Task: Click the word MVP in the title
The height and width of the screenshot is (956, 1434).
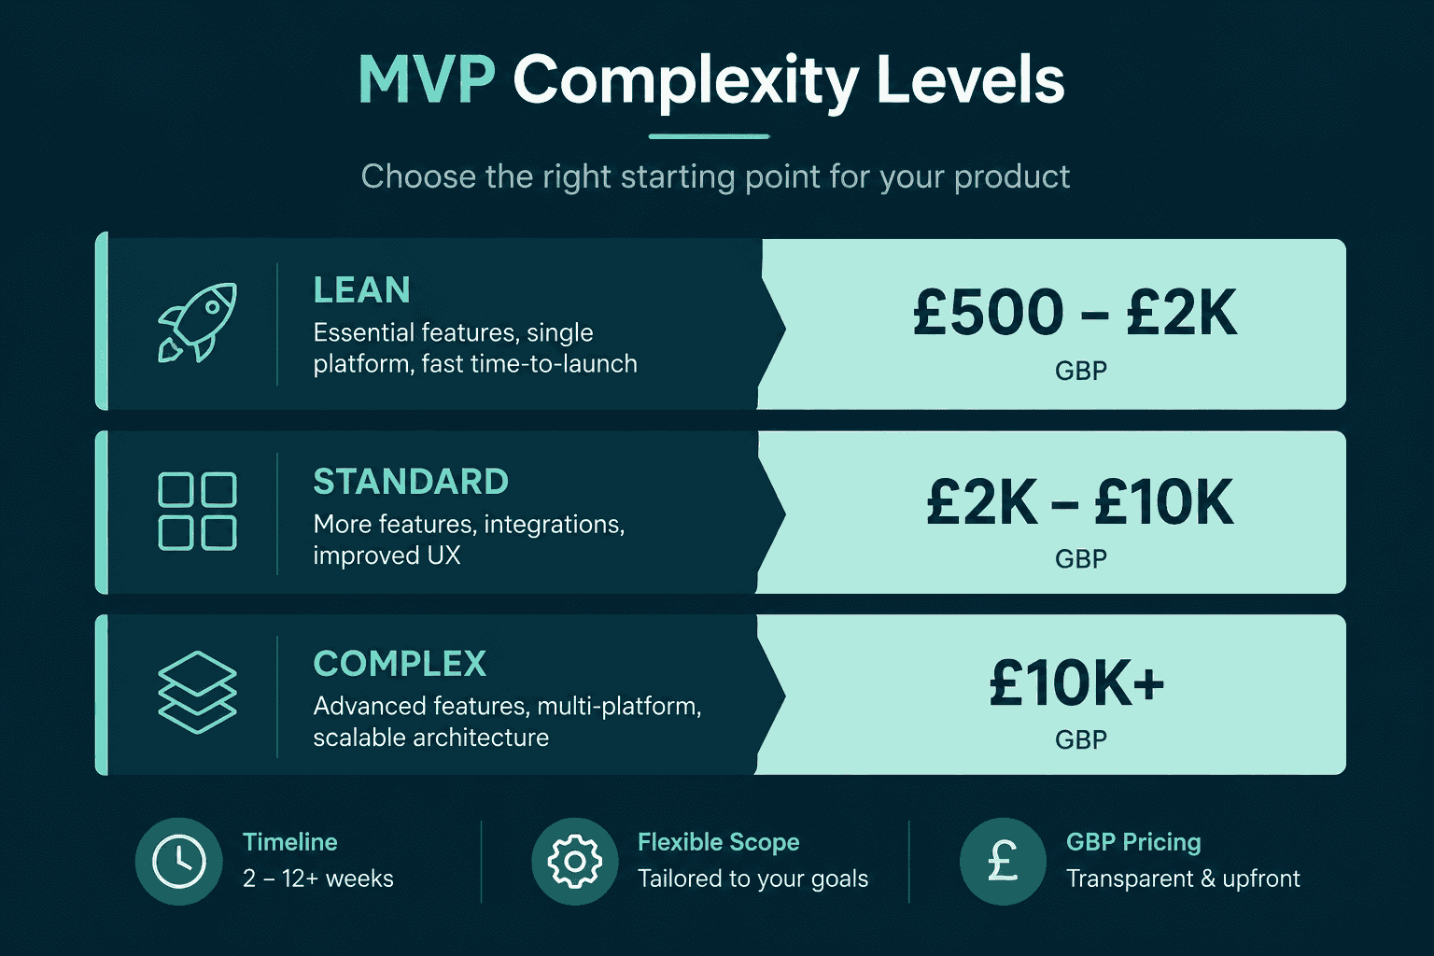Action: click(x=427, y=80)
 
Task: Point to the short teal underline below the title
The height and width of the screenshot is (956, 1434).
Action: click(x=709, y=136)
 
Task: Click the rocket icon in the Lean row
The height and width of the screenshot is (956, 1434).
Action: click(x=198, y=322)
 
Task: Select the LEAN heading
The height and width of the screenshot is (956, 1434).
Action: click(x=361, y=290)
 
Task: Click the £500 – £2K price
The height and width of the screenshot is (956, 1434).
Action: click(x=1075, y=313)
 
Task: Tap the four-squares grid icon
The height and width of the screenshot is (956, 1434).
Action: click(x=197, y=511)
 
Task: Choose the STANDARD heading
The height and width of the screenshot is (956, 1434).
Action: click(x=411, y=482)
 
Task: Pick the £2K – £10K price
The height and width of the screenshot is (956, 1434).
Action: click(x=1079, y=502)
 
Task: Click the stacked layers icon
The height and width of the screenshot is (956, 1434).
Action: click(x=197, y=692)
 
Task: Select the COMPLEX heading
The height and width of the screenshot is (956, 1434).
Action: click(x=400, y=664)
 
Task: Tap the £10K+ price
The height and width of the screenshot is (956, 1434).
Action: click(x=1076, y=684)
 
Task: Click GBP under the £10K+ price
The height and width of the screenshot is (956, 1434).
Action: click(x=1080, y=740)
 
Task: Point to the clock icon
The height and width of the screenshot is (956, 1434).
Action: click(x=179, y=861)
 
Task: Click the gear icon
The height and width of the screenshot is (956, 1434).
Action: click(x=575, y=861)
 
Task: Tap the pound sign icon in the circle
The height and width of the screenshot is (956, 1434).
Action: click(x=1003, y=861)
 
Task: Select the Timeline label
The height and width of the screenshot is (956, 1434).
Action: click(x=290, y=842)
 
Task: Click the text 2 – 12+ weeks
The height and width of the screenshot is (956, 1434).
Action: click(x=318, y=879)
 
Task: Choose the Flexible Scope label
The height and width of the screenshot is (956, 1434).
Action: click(x=718, y=843)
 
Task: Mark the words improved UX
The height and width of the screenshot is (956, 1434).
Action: click(x=387, y=555)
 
